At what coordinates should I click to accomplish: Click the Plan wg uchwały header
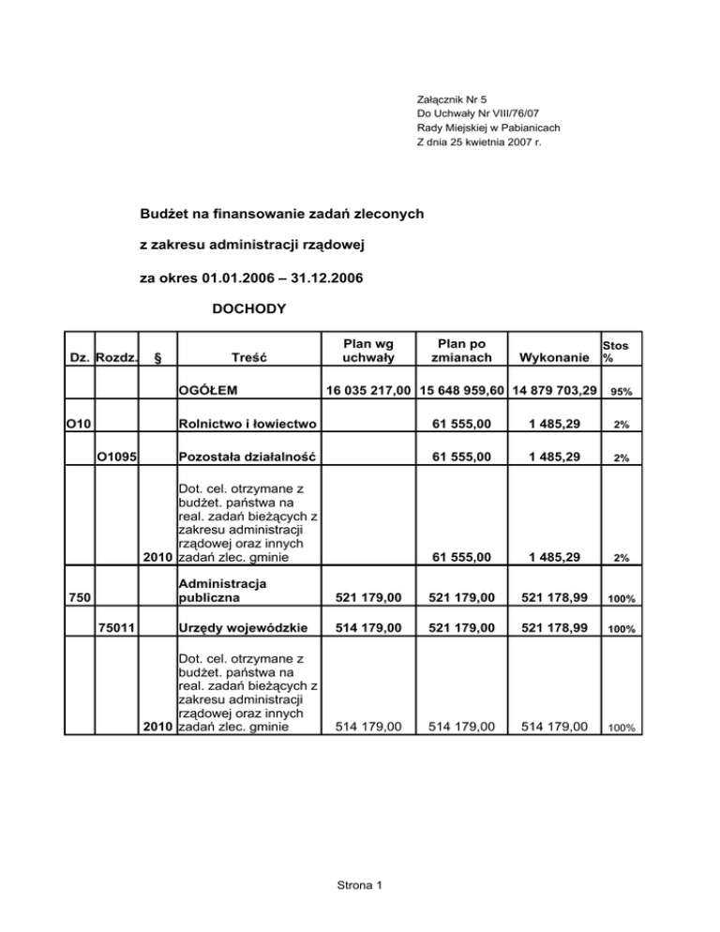click(x=362, y=350)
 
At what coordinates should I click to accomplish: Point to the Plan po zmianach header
click(x=459, y=350)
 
